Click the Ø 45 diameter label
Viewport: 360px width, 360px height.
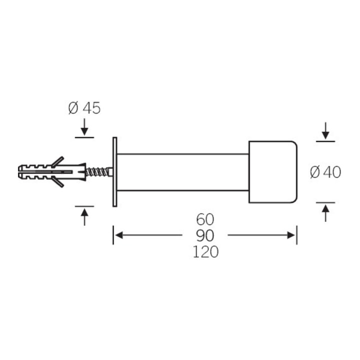84,108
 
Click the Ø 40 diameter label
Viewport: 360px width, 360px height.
325,172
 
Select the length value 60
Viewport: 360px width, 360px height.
205,219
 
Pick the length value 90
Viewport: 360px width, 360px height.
205,235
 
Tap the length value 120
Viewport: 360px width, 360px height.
205,251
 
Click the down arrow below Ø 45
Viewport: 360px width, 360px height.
84,126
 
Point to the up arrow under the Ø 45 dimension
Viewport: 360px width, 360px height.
84,217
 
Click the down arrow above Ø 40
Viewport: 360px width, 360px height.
325,131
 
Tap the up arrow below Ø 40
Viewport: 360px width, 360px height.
325,213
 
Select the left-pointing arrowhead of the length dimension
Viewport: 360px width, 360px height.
118,235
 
